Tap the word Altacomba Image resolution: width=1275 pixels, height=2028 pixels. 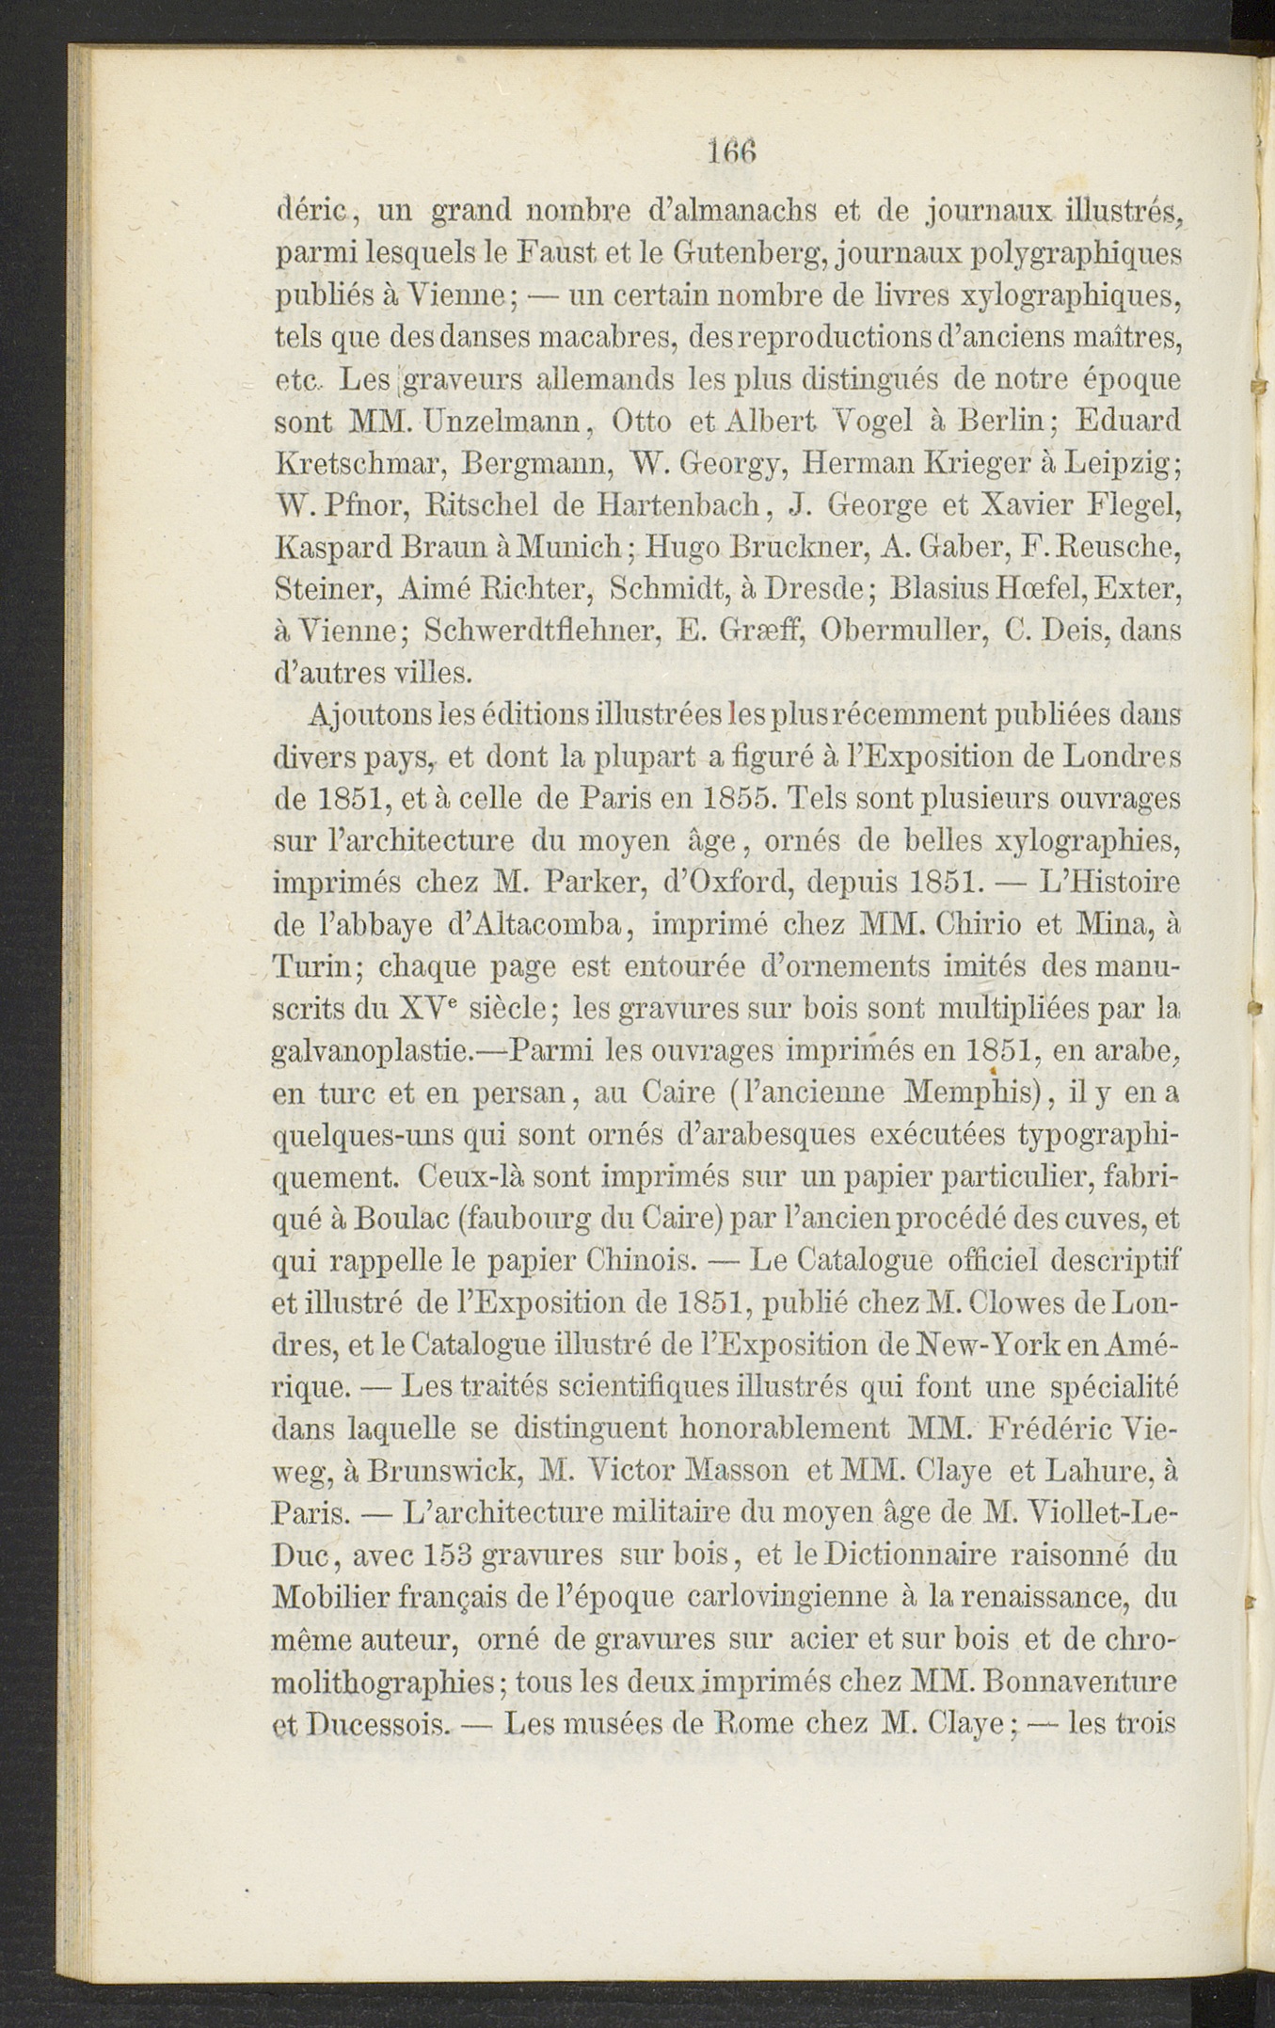tap(533, 925)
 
